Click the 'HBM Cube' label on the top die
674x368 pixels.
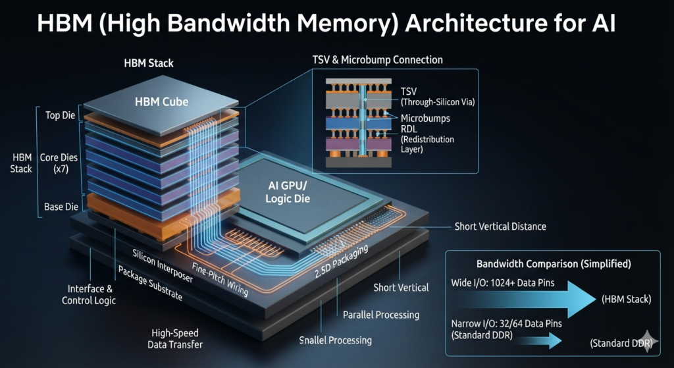point(161,102)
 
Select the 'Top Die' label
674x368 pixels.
point(60,116)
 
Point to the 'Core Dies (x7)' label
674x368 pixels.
point(55,163)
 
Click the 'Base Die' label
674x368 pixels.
point(61,207)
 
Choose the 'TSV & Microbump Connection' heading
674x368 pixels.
point(377,60)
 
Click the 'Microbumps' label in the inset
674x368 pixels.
point(425,118)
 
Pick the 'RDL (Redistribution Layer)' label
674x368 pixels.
point(427,139)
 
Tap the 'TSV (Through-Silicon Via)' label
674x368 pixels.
point(438,97)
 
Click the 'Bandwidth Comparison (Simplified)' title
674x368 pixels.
point(554,263)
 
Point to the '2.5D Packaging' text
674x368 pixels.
point(339,262)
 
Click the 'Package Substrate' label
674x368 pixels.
point(150,283)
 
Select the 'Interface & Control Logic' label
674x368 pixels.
point(89,294)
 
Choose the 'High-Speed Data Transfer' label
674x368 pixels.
point(175,338)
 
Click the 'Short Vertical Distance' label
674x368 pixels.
point(500,226)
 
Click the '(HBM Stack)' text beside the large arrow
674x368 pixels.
point(627,300)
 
